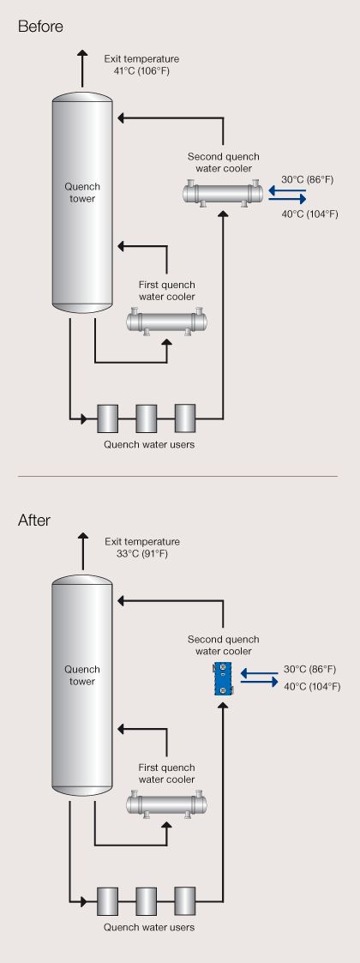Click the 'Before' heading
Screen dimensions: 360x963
(40, 27)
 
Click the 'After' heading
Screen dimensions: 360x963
(34, 521)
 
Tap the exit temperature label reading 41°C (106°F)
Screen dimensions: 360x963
(141, 70)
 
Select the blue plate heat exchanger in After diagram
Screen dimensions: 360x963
(222, 679)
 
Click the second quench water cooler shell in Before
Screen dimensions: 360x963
(223, 194)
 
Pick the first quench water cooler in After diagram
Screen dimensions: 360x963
(166, 804)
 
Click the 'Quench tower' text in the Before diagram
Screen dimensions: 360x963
(81, 192)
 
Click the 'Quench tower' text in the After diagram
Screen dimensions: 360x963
(81, 675)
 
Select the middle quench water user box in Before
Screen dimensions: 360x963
(147, 418)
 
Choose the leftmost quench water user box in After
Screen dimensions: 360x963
(107, 901)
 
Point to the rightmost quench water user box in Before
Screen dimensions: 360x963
(185, 418)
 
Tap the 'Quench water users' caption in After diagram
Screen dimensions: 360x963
(148, 927)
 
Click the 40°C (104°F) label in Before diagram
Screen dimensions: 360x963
(310, 214)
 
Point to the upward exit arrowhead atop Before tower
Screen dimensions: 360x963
(81, 55)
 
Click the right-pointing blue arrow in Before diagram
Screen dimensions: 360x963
(287, 199)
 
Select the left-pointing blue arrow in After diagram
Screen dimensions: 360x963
(259, 674)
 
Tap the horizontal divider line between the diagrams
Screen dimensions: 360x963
(177, 476)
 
